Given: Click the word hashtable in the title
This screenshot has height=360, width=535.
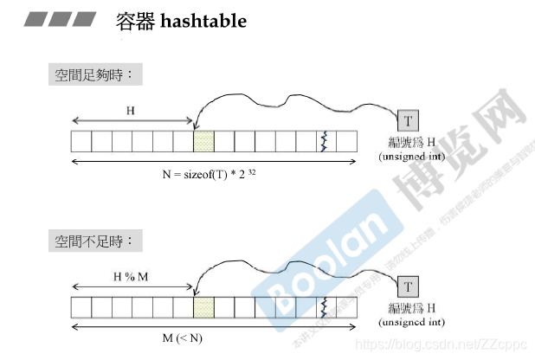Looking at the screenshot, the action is click(x=203, y=21).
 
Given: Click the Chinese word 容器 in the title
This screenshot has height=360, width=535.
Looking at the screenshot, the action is click(x=133, y=21).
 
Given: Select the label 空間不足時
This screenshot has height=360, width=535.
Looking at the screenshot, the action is click(x=94, y=241).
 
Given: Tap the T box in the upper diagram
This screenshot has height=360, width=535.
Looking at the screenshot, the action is click(x=408, y=120).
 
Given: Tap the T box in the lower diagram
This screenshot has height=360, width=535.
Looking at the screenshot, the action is click(x=408, y=286).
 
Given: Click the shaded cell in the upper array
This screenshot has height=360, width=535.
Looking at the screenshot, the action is click(x=203, y=141).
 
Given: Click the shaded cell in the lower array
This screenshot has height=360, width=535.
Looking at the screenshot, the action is click(x=203, y=307).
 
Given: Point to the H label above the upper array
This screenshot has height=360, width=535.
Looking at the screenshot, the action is click(x=131, y=111).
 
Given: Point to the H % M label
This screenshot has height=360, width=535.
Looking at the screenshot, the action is click(x=131, y=276).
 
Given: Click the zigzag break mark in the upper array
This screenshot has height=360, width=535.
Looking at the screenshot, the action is click(x=326, y=141).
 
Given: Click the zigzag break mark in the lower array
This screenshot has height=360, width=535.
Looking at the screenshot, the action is click(x=326, y=307).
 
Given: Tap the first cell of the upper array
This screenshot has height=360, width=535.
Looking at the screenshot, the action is click(x=81, y=141).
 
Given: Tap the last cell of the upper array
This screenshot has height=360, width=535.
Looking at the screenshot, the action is click(x=346, y=141).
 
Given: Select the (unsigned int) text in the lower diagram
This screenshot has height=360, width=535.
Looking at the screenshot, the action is click(x=412, y=322).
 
